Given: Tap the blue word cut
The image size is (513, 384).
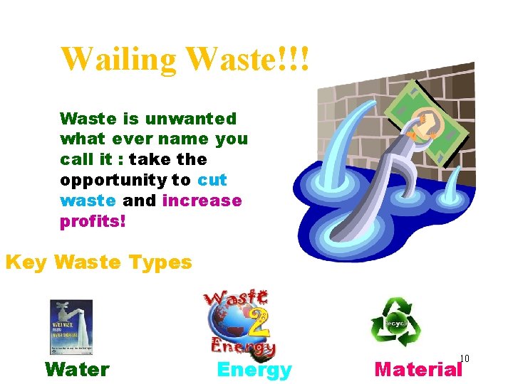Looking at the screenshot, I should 212,180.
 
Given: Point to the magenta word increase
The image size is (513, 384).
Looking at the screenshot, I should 202,201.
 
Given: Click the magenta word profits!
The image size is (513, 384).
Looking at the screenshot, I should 93,221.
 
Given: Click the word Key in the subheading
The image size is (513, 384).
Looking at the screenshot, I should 26,262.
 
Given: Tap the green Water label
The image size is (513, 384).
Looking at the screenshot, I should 77,369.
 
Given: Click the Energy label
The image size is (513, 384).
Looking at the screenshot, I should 254,370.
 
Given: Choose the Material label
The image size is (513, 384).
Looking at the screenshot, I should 418,369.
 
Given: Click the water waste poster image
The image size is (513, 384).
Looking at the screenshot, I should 71,327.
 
